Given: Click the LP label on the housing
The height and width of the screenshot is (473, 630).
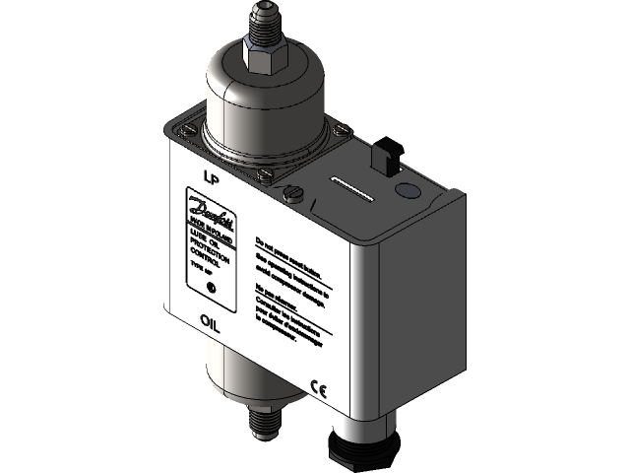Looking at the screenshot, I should tap(209, 176).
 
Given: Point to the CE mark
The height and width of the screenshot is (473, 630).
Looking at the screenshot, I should tap(318, 386).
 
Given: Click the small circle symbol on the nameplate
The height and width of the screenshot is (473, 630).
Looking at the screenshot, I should tap(210, 289).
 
